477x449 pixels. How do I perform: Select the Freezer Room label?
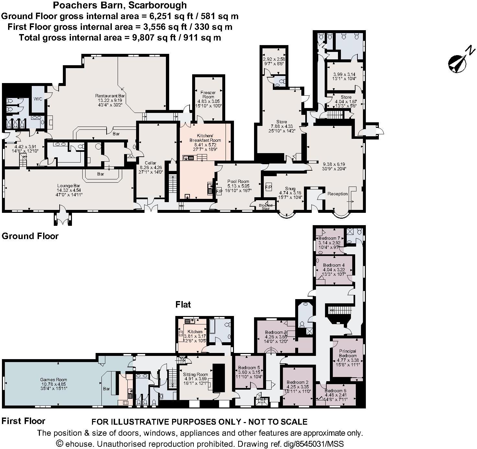tap(208, 95)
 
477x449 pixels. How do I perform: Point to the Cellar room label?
tap(150, 163)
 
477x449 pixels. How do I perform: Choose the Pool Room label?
tap(238, 181)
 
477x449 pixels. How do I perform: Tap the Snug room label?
tap(290, 188)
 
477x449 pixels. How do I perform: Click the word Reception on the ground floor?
tap(337, 194)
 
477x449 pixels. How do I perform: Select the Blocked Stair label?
tap(265, 207)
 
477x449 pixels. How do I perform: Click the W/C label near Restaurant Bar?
tap(39, 99)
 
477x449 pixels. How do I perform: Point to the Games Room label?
tap(53, 379)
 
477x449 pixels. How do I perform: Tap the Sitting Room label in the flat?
tap(195, 374)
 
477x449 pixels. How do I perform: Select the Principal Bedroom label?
tap(348, 353)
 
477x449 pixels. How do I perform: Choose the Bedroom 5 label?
tap(249, 368)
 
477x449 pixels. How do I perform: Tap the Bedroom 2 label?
tap(297, 382)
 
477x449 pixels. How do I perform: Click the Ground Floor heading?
tap(30, 236)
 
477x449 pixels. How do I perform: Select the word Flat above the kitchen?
tap(183, 304)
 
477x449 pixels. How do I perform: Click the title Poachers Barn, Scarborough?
tap(120, 5)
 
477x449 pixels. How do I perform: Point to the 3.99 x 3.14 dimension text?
tap(344, 74)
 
